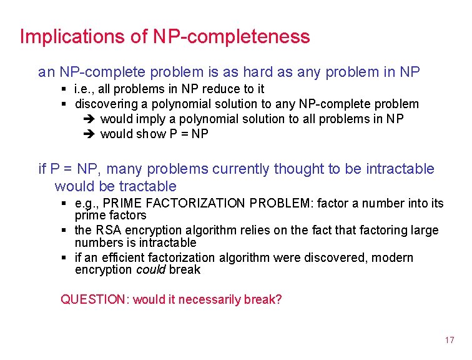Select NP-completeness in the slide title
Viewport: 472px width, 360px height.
coord(231,37)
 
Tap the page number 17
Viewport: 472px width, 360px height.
coord(450,340)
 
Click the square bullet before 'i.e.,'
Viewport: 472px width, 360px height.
coord(65,89)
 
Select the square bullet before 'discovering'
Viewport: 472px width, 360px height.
coord(65,104)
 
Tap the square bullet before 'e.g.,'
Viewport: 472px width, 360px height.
coord(65,204)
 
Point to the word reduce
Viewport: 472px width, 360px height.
coord(219,89)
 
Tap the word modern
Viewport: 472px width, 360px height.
coord(391,258)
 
